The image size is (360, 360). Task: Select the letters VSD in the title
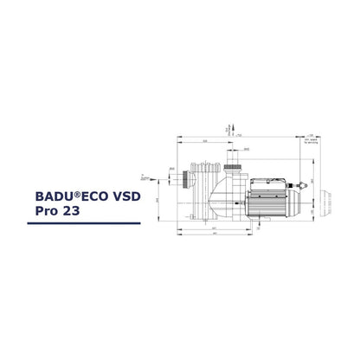point(132,196)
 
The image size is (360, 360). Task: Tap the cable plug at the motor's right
point(303,186)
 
